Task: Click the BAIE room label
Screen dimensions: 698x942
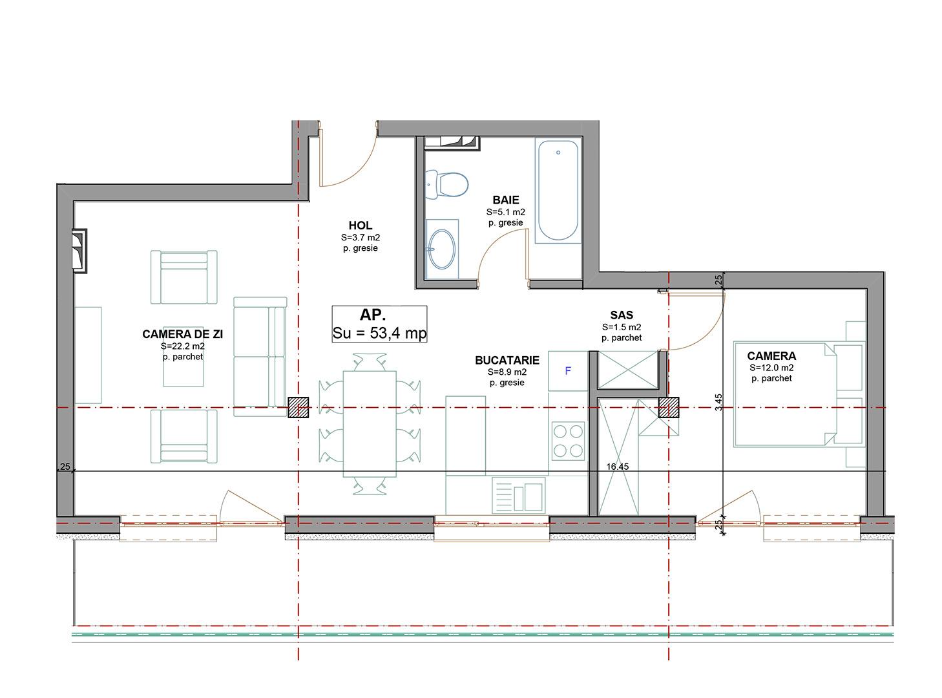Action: [x=505, y=200]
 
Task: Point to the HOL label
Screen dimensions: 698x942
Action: [x=360, y=226]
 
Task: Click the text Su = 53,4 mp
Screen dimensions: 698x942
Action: [x=379, y=333]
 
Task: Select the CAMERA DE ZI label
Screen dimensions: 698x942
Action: [x=183, y=334]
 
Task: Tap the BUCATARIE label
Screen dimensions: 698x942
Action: [x=507, y=361]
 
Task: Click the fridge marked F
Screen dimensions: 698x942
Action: [x=567, y=371]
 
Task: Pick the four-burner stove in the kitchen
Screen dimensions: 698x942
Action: [x=567, y=440]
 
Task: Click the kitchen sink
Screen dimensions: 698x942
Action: [x=518, y=496]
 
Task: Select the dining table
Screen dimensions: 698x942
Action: [x=370, y=423]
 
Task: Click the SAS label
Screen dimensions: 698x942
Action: [x=621, y=315]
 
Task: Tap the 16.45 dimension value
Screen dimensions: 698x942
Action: [x=617, y=466]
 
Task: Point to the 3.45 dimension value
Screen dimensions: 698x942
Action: [x=719, y=403]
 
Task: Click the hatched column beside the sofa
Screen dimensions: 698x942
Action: [x=298, y=408]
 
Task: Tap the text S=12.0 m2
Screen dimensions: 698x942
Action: [x=771, y=367]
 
